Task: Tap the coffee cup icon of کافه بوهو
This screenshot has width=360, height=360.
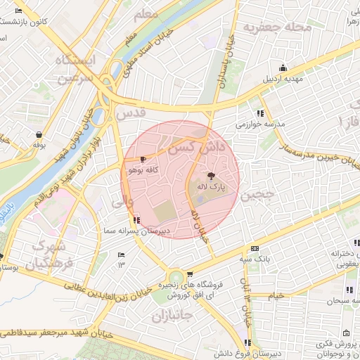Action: click(144, 160)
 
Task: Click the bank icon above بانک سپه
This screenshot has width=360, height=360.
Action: click(254, 248)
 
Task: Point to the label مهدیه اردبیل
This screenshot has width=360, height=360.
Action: click(283, 79)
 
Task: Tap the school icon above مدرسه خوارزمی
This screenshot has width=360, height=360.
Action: click(260, 113)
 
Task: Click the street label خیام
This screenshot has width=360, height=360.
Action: click(276, 296)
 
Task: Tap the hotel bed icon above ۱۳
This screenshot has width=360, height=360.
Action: click(121, 255)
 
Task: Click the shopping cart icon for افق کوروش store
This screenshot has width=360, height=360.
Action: click(190, 275)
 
